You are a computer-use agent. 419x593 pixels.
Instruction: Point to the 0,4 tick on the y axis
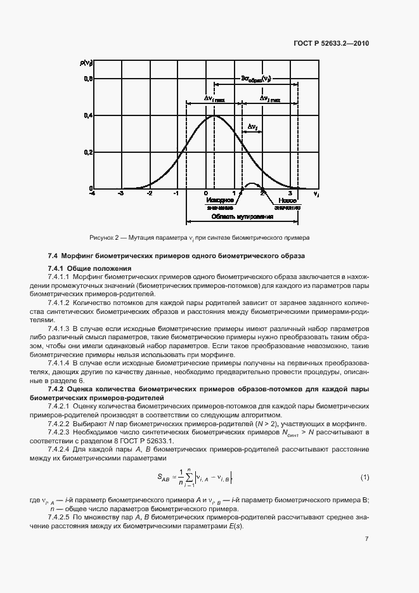pos(89,115)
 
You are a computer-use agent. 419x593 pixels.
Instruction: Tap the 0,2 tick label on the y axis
pos(89,152)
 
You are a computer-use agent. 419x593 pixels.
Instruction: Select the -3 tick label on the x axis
pos(120,193)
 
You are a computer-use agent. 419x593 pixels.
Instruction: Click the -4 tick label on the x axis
pos(93,193)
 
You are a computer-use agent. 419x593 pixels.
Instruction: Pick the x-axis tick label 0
pos(205,193)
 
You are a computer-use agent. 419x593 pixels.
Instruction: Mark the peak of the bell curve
pos(214,116)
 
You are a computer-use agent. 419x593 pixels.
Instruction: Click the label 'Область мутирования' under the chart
pos(242,217)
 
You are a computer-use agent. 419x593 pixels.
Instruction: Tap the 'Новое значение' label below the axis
pos(287,204)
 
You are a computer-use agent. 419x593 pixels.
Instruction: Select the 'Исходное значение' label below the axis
pos(219,204)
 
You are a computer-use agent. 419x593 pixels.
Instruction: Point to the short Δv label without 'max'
pos(252,126)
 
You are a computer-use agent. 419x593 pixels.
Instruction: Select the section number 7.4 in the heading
pos(54,256)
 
